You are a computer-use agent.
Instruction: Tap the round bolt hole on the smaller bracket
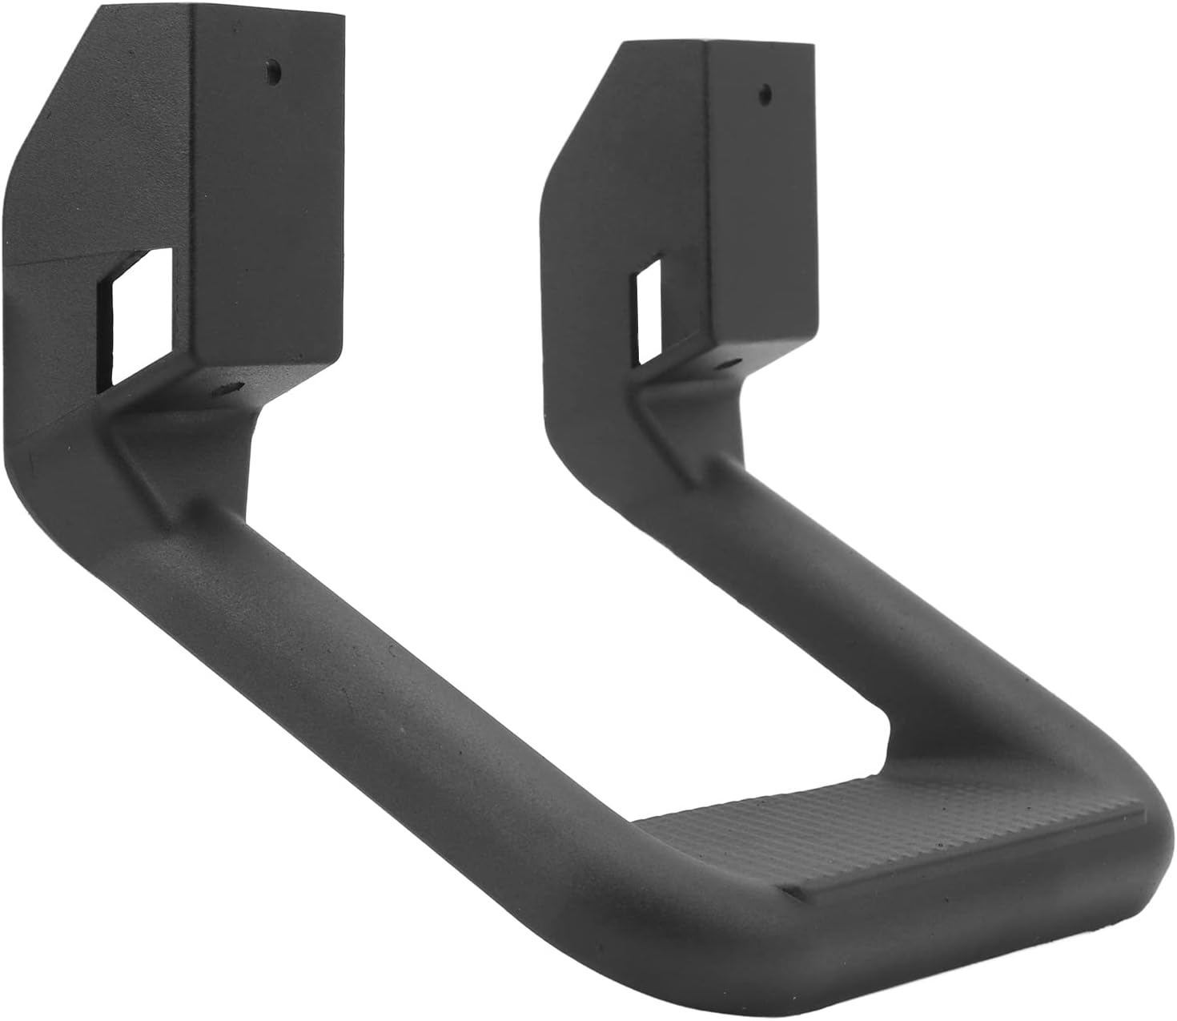click(765, 93)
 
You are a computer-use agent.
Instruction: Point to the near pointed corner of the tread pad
click(789, 886)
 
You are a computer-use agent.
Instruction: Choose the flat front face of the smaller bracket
click(761, 200)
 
